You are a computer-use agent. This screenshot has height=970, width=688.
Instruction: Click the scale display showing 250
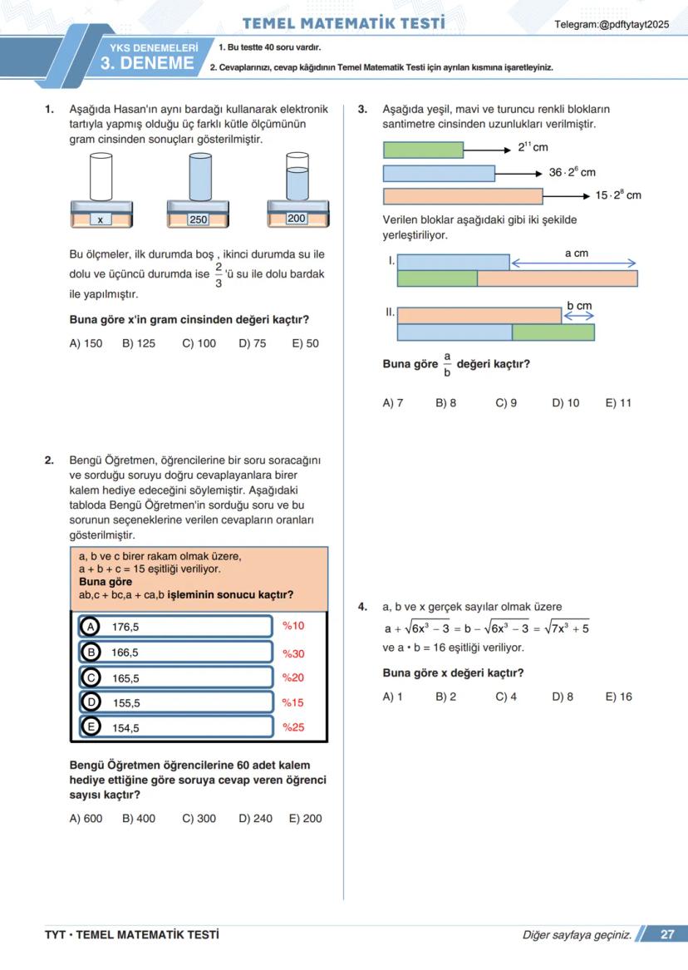click(x=198, y=219)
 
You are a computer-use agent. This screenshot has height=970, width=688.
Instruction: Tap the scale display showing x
click(x=100, y=219)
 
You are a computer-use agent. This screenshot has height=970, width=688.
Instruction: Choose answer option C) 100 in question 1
click(x=199, y=343)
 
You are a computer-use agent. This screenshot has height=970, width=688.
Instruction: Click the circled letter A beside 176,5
click(x=90, y=627)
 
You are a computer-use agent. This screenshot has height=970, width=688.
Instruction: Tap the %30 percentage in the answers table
click(x=293, y=653)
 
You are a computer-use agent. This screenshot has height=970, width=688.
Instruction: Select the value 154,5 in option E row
click(x=125, y=728)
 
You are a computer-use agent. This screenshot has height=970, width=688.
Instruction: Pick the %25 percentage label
click(x=293, y=727)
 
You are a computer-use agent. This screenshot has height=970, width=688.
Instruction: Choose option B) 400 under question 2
click(x=138, y=819)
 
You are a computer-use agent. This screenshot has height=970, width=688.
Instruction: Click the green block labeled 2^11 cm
click(x=423, y=150)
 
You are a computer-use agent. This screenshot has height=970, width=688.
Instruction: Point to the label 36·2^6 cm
click(x=572, y=172)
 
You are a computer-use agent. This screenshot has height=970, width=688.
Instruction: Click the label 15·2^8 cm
click(x=618, y=195)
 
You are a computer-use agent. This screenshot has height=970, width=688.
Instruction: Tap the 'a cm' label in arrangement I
click(x=576, y=253)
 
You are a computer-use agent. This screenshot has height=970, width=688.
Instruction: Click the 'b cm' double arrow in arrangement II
click(x=579, y=317)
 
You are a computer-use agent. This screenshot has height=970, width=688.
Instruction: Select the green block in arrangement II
click(x=553, y=332)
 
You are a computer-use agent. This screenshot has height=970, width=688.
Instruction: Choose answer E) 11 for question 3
click(x=618, y=403)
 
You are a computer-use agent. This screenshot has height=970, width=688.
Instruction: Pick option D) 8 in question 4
click(x=563, y=697)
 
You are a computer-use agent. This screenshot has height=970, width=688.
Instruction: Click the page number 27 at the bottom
click(x=667, y=934)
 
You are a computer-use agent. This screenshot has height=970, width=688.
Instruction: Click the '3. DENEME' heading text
click(x=147, y=64)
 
